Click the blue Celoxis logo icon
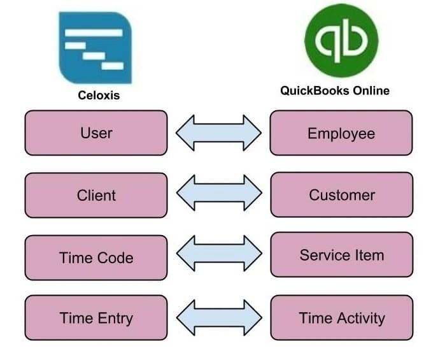pos(95,47)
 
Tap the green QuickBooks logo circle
pos(341,40)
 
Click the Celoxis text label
pos(99,95)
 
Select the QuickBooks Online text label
pos(335,90)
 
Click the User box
pos(96,133)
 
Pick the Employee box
pos(341,133)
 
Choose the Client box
pos(96,195)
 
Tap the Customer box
pos(342,194)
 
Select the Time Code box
pos(96,257)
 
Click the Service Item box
pos(342,255)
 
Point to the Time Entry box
pos(96,318)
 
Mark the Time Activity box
pos(342,318)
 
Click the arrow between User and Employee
pos(218,133)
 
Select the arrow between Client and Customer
pos(219,193)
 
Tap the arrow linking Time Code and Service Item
pos(219,253)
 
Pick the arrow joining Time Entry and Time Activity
pos(219,318)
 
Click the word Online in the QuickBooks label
pos(371,90)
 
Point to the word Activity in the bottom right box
pos(361,318)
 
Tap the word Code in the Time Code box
pos(115,258)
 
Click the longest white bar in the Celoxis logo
pos(94,32)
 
